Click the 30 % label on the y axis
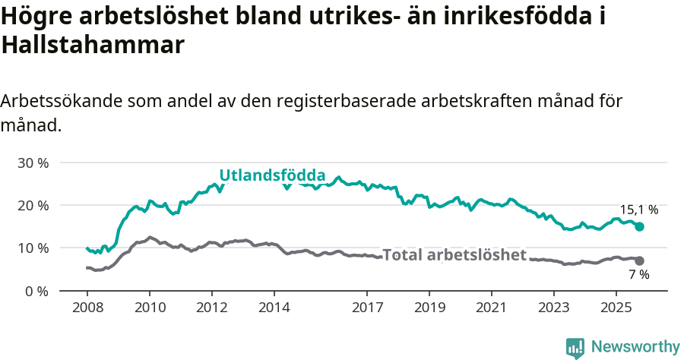(x=33, y=163)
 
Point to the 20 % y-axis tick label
(x=33, y=205)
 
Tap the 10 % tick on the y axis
(x=33, y=248)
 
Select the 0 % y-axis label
(x=36, y=291)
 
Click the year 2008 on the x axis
(x=87, y=308)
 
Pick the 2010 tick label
(x=150, y=308)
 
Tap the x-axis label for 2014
(x=274, y=308)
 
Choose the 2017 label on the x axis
(x=367, y=308)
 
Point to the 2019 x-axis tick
(x=429, y=308)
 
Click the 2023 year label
(x=553, y=308)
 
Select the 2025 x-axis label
(x=616, y=308)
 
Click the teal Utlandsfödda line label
(x=272, y=175)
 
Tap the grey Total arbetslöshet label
(x=454, y=255)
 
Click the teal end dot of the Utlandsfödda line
(x=640, y=226)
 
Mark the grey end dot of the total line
(x=639, y=261)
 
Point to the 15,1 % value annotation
(x=639, y=210)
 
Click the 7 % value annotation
(x=639, y=275)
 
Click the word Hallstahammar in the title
(x=93, y=46)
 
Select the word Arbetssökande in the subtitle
(x=62, y=101)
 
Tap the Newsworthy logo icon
(x=575, y=347)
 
